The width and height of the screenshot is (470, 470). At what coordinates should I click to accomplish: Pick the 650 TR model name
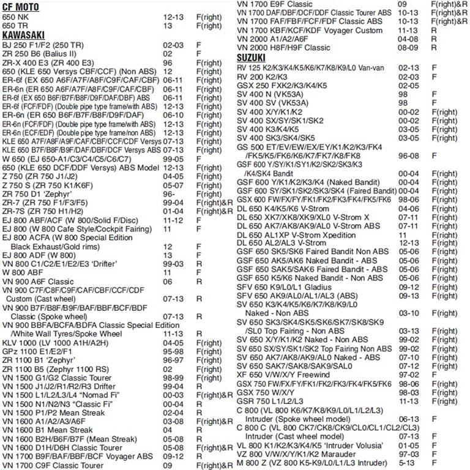(15, 26)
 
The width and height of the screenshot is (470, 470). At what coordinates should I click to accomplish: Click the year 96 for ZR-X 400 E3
(167, 62)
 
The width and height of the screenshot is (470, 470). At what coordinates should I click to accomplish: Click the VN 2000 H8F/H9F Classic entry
(283, 47)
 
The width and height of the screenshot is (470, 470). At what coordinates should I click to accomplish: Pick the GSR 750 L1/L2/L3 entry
(270, 401)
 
